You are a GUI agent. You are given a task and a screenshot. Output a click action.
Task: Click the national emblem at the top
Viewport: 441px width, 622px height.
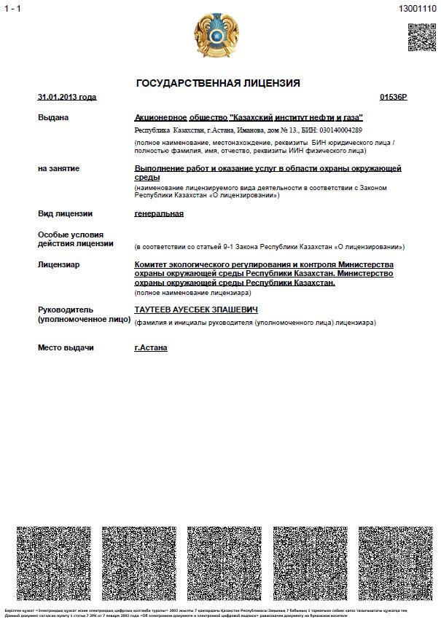[216, 35]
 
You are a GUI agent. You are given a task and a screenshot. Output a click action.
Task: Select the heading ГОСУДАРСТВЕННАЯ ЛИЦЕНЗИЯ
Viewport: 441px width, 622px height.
[218, 83]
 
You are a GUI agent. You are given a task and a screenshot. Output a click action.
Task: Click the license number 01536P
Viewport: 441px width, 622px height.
[394, 97]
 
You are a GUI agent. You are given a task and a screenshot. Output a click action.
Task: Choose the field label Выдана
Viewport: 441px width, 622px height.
[53, 117]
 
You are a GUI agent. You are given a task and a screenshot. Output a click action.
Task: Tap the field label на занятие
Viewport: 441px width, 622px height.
[59, 168]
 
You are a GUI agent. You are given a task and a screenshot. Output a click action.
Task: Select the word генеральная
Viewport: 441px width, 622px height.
[159, 213]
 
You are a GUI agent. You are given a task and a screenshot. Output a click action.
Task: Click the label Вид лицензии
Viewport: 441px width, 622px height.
[65, 213]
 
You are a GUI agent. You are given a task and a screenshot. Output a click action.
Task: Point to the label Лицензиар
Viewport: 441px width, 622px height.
[59, 264]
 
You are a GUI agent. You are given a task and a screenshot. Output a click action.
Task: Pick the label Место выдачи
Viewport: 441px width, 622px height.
[66, 347]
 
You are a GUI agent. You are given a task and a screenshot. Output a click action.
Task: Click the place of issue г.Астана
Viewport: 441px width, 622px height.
[151, 347]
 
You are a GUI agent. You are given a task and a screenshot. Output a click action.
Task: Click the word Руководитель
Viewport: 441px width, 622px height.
[65, 310]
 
